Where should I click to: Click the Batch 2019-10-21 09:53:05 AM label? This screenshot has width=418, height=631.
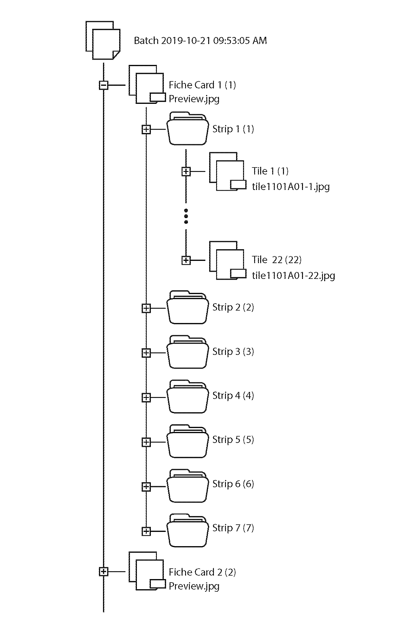point(200,41)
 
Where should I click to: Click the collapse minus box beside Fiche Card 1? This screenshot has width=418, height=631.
point(104,85)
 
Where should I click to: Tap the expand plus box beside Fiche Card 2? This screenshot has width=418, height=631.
point(104,571)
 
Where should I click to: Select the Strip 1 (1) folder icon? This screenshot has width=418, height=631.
point(188,129)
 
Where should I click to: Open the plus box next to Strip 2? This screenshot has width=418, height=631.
point(146,308)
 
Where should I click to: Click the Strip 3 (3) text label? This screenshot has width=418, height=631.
point(233,351)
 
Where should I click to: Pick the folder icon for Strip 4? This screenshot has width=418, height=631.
point(188,396)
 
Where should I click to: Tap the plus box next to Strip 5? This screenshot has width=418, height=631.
point(146,442)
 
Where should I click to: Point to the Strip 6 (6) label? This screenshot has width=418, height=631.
point(233,484)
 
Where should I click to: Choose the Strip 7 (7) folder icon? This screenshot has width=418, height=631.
point(188,530)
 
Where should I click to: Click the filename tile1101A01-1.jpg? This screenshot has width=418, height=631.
point(291,186)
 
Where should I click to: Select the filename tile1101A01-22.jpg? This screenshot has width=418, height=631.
point(293,275)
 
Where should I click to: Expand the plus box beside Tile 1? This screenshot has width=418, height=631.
point(186,172)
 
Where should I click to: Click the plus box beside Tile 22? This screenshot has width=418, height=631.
point(186,260)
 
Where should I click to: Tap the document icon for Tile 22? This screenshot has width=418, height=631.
point(228,261)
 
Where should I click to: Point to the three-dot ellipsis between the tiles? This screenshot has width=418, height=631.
point(186,216)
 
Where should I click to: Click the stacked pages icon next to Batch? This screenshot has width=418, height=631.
point(103,40)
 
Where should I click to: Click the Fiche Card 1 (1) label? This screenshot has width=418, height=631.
point(202,85)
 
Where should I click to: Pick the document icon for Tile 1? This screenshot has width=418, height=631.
point(228,172)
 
